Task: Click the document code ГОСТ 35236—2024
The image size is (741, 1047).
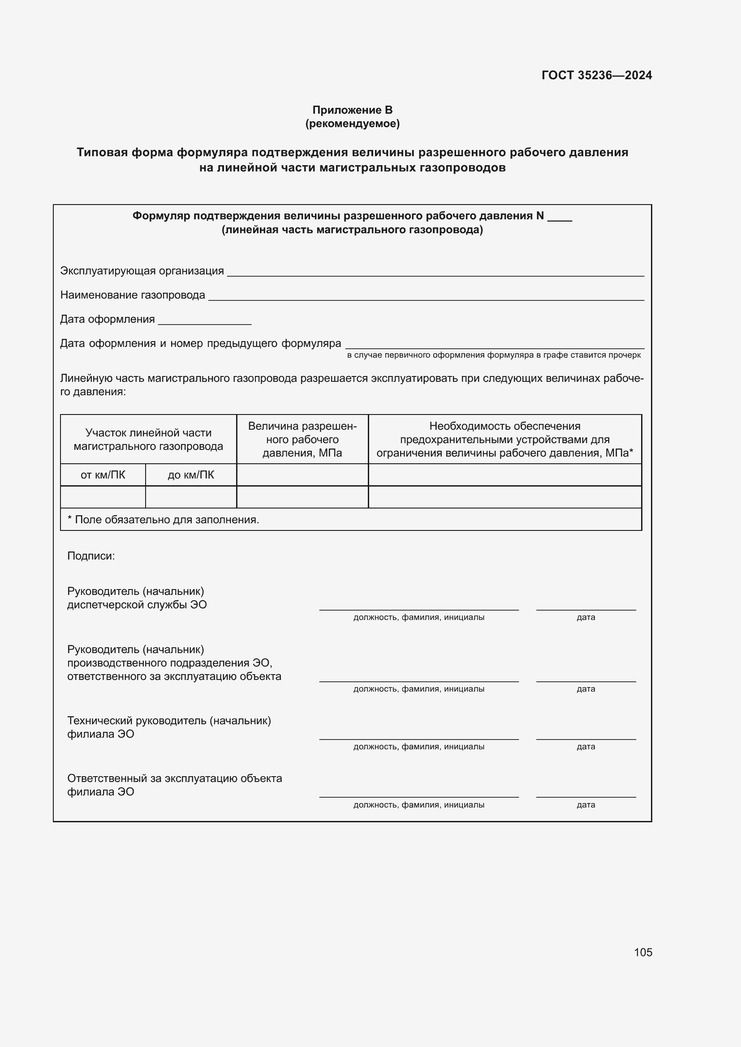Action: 596,75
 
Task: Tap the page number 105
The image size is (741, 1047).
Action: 642,952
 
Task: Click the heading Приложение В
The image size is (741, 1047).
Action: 352,110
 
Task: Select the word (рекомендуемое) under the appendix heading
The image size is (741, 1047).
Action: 352,124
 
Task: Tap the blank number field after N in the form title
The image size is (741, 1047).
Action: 560,218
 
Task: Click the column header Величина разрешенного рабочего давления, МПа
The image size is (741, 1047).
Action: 302,439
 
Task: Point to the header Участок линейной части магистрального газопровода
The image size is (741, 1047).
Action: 148,439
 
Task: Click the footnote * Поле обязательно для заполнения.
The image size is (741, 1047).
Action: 164,519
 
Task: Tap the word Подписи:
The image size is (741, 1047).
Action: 91,556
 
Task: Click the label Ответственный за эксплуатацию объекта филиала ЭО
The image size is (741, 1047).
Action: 174,785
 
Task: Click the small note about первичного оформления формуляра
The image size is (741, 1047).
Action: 494,355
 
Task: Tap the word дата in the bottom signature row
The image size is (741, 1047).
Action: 586,805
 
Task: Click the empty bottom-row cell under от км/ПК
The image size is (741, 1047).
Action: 103,496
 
